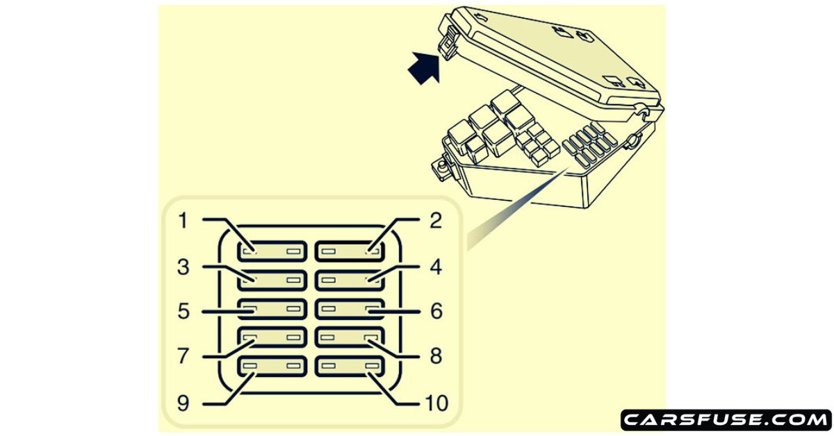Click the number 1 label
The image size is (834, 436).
click(183, 221)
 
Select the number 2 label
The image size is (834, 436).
click(436, 221)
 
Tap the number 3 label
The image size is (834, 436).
click(183, 267)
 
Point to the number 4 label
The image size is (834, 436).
click(436, 267)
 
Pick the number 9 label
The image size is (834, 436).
click(183, 402)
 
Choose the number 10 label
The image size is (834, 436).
click(436, 402)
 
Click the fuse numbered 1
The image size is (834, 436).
click(272, 251)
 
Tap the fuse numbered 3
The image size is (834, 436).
click(272, 280)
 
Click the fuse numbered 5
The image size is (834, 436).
click(272, 308)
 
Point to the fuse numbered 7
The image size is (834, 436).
click(272, 337)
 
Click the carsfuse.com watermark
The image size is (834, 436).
click(726, 419)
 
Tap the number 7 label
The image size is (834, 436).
click(183, 357)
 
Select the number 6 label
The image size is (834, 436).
click(436, 311)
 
